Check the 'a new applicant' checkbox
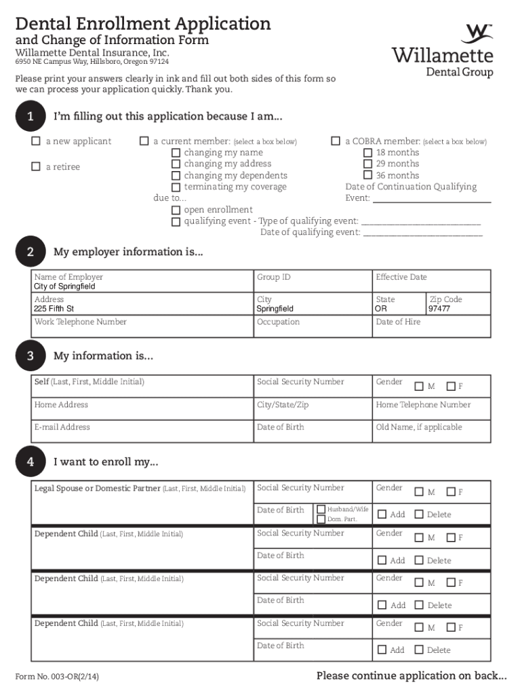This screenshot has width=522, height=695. click(36, 142)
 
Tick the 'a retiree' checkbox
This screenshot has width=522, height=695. click(36, 167)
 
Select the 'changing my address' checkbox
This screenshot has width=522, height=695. click(176, 164)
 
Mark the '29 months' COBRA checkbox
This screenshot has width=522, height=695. click(367, 164)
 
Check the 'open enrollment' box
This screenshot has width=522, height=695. click(176, 210)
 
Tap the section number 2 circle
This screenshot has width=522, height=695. click(31, 252)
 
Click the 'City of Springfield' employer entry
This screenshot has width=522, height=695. click(64, 286)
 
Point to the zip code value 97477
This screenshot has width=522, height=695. click(439, 309)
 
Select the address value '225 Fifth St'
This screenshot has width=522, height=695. click(54, 309)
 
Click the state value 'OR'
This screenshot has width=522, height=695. click(382, 309)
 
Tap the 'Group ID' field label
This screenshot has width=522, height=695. click(273, 277)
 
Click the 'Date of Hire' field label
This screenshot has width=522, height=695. click(398, 322)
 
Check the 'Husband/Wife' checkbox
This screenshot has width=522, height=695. click(321, 509)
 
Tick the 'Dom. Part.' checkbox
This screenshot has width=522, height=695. click(321, 519)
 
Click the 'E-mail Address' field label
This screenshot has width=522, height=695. click(62, 428)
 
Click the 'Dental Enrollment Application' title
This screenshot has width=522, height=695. click(143, 24)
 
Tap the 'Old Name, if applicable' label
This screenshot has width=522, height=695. click(419, 428)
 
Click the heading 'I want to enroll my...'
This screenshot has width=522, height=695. click(106, 462)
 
